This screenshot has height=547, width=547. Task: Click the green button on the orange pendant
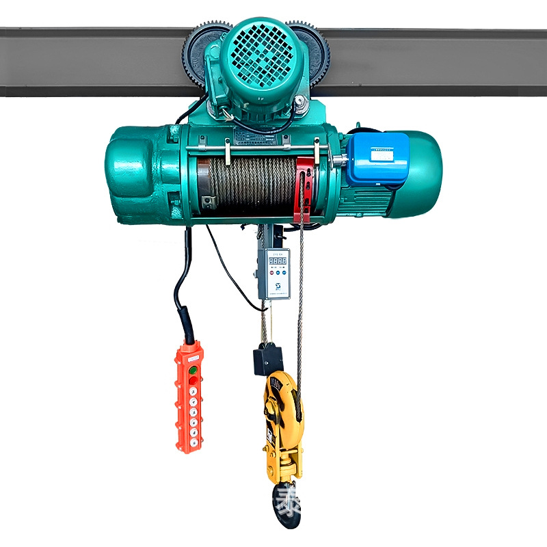(193, 370)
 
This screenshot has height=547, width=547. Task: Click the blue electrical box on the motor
(377, 159)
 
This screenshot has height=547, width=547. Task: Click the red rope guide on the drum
(304, 188)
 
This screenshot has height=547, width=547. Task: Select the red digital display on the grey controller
(277, 261)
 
